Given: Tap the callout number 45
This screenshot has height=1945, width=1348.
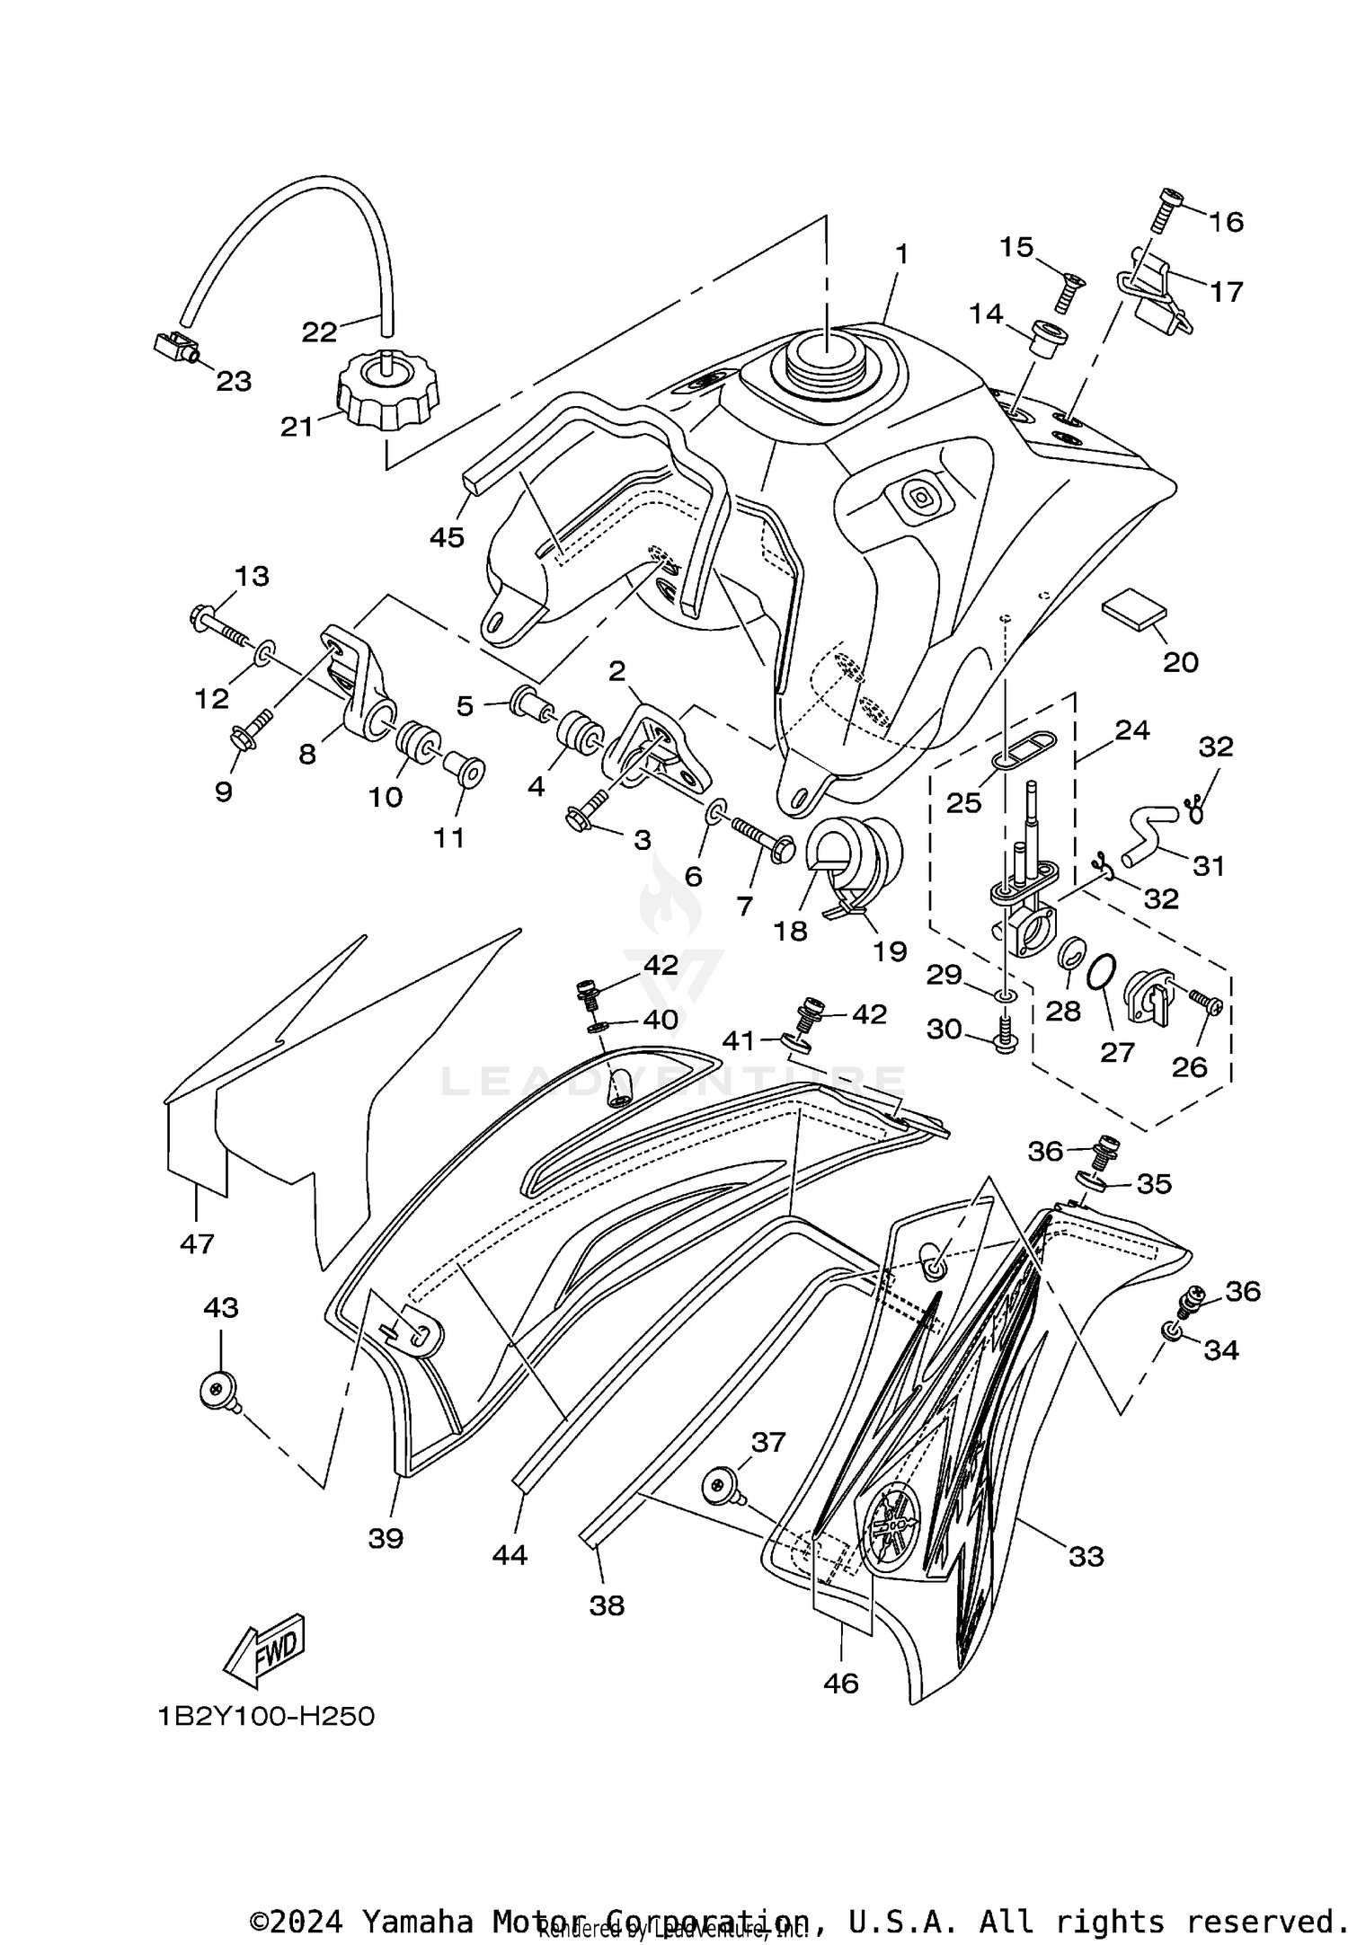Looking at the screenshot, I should pos(447,537).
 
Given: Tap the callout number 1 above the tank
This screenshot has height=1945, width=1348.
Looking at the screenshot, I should pos(901,254).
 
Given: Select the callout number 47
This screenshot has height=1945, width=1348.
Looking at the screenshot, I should pos(197,1243).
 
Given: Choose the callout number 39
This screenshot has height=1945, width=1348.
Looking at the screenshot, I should pos(386,1539).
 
